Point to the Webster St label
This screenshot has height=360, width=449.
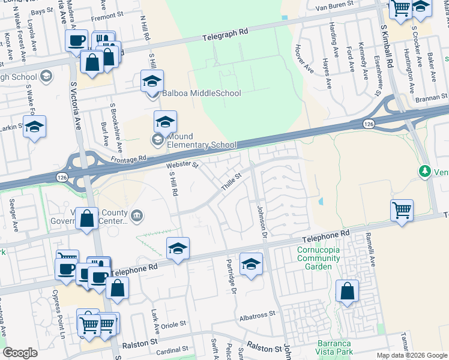182,164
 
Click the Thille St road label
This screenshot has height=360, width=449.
231,182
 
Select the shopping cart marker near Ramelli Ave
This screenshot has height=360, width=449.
402,211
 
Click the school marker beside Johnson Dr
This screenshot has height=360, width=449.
251,263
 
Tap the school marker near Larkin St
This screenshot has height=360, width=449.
35,127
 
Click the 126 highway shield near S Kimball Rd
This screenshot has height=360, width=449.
369,123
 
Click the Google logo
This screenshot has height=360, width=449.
20,353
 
